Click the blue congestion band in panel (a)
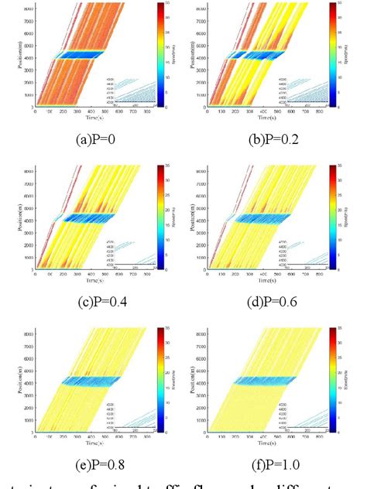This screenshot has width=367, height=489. [x=84, y=55]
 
